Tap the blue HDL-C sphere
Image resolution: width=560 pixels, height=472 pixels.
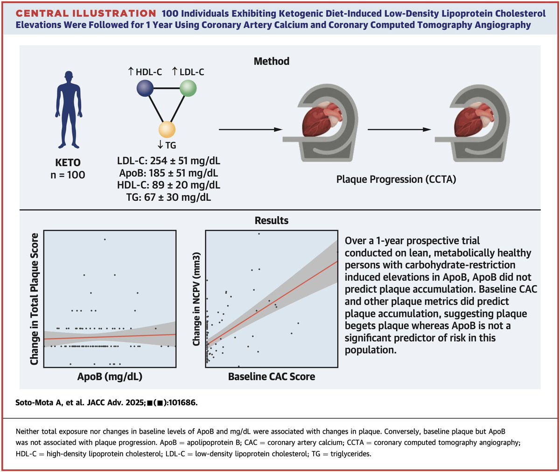coord(145,88)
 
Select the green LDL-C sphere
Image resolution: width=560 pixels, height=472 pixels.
coord(188,88)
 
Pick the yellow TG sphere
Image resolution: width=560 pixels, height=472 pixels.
coord(167,129)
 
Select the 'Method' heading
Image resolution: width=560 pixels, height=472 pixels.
coord(271,61)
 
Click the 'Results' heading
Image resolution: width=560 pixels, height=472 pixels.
coord(271,220)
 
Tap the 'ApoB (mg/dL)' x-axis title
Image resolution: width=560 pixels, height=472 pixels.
coord(110,376)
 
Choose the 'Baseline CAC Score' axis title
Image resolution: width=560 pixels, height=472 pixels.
coord(271,376)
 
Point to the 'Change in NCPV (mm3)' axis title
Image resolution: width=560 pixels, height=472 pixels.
coord(196,299)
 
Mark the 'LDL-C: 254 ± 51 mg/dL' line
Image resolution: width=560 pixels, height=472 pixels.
coord(168,161)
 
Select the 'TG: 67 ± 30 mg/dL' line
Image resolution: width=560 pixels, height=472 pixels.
coord(168,197)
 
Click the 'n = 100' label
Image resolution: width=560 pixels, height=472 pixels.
coord(68,175)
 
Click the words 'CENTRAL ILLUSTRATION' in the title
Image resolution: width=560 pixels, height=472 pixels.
coord(86,14)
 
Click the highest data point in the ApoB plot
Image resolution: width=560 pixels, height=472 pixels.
coord(105,239)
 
